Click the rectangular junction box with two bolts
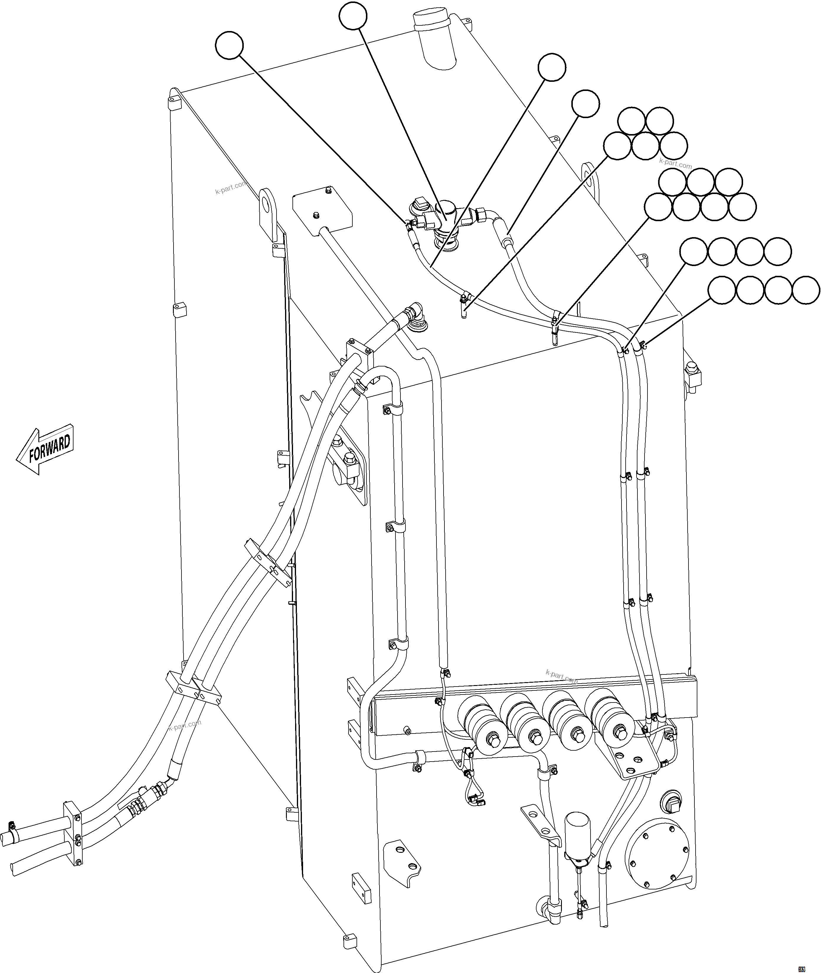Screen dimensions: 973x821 click(x=322, y=209)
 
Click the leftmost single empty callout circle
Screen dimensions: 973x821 click(x=230, y=45)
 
